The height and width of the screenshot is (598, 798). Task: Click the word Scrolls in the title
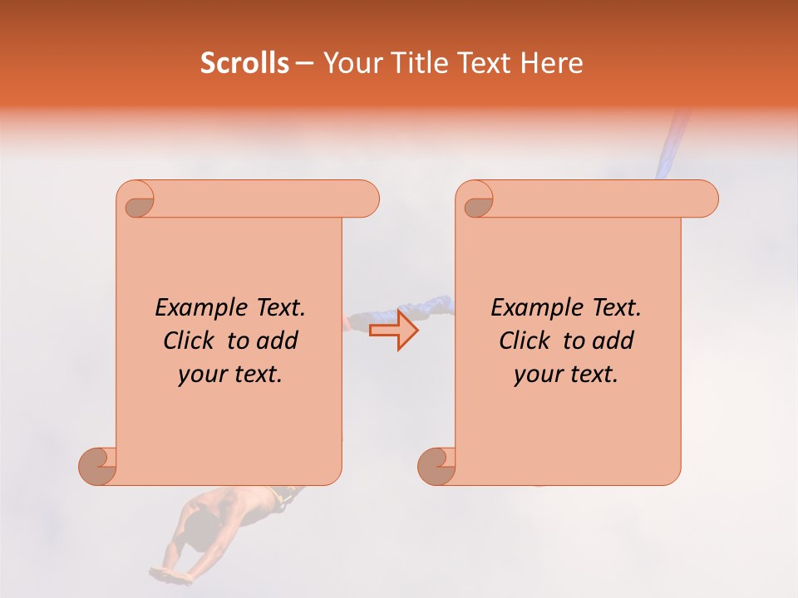tap(244, 63)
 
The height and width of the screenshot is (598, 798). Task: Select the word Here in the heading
tap(551, 63)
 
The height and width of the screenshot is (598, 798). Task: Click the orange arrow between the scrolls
tap(394, 330)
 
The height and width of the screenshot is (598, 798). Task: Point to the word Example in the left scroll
tap(194, 308)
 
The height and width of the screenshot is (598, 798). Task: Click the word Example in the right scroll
tap(530, 308)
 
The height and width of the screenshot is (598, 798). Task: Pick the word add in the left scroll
tap(278, 341)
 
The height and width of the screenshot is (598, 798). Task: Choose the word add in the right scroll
tap(614, 341)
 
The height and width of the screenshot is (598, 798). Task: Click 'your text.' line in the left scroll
tap(230, 374)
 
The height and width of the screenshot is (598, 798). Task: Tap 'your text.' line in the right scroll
tap(566, 374)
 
